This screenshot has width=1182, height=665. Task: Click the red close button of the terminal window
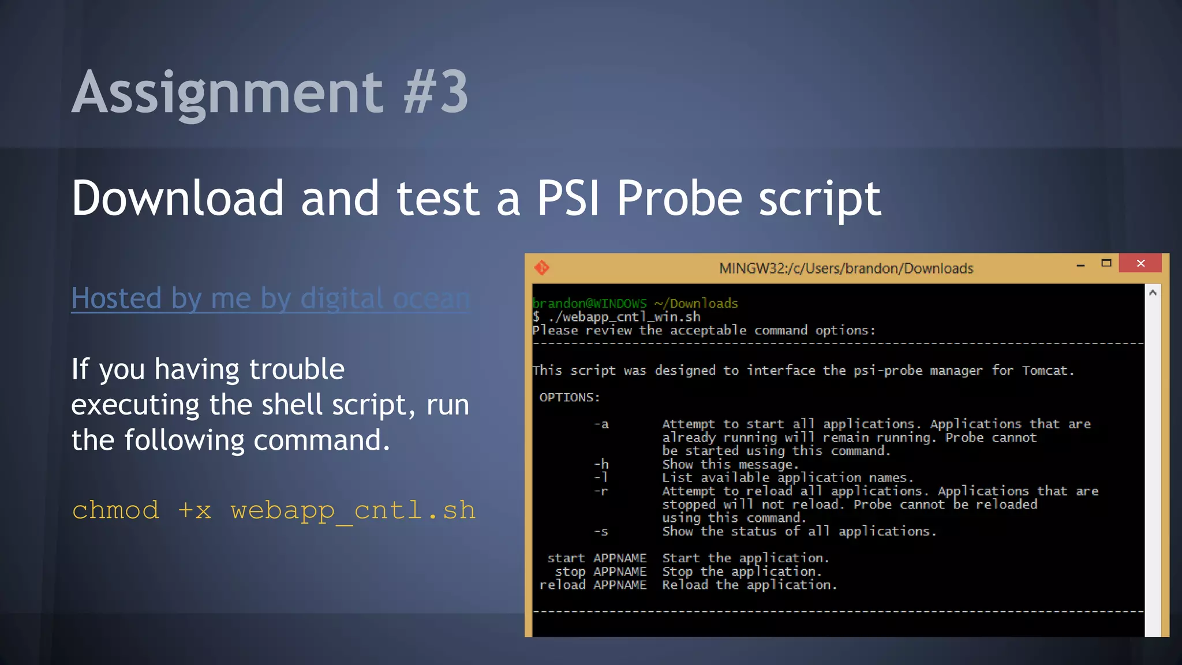1140,263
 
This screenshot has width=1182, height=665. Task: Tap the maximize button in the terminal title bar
1106,263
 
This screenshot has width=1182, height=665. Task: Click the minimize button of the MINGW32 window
1080,265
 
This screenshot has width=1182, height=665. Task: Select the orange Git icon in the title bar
542,268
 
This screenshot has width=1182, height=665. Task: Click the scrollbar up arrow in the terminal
1153,293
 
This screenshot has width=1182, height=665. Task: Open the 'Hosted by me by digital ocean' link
271,298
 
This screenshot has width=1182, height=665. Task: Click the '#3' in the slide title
436,92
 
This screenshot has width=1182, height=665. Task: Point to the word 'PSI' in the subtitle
568,198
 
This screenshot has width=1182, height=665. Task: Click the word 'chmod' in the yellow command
115,510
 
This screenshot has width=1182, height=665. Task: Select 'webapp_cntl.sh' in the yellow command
353,510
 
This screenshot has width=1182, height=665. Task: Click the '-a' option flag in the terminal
601,424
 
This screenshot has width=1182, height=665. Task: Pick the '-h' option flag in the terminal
601,464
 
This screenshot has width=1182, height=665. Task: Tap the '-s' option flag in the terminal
601,532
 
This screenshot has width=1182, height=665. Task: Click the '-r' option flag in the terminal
601,491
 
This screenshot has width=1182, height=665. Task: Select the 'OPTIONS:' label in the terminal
570,397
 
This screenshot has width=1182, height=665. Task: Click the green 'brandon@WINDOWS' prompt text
589,303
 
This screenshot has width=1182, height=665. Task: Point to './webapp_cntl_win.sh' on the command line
624,317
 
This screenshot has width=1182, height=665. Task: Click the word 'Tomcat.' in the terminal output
1048,371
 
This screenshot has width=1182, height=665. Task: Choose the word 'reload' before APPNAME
562,585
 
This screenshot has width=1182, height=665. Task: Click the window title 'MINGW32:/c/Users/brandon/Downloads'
846,268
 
